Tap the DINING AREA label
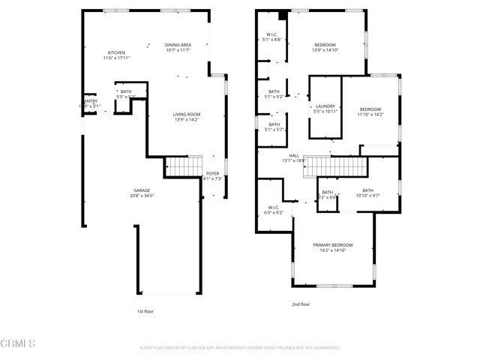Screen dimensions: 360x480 click(178, 45)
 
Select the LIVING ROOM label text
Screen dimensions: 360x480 click(187, 115)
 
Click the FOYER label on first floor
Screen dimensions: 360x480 click(213, 173)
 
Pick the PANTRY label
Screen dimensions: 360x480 click(89, 101)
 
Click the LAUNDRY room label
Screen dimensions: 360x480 click(325, 106)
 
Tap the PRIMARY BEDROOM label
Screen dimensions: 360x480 click(332, 245)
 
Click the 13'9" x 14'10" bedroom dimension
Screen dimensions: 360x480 click(325, 50)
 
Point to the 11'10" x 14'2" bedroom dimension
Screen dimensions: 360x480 click(370, 115)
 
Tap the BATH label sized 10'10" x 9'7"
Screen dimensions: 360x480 click(367, 190)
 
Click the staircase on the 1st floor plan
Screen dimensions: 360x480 click(184, 166)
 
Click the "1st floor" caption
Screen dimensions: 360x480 click(145, 310)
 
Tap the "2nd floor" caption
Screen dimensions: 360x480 click(301, 304)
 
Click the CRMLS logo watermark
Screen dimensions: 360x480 click(18, 343)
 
